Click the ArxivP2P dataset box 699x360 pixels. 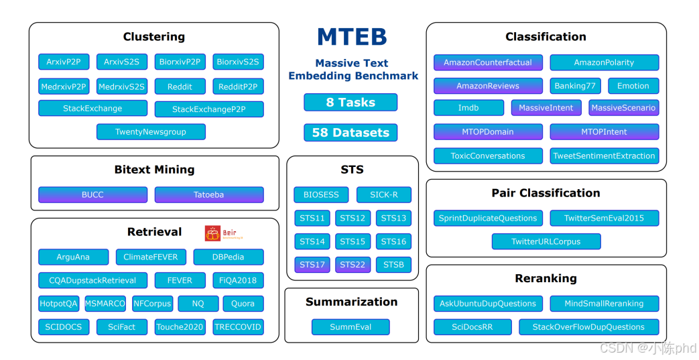[x=64, y=62]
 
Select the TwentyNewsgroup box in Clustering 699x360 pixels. [x=151, y=132]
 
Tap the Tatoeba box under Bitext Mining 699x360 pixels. [x=208, y=195]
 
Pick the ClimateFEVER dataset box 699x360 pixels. [x=151, y=257]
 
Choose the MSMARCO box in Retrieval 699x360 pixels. [x=105, y=304]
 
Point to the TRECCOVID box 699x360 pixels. [x=238, y=327]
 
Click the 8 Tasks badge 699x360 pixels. [x=351, y=103]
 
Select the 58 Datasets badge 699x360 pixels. [x=351, y=133]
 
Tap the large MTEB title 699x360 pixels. [x=352, y=37]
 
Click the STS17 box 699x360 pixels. [x=312, y=265]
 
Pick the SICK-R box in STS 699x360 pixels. [x=384, y=195]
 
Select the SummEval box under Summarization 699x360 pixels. [x=351, y=327]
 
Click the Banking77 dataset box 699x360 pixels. [x=575, y=86]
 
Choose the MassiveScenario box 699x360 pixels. [x=623, y=108]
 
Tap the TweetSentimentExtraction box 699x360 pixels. [x=604, y=156]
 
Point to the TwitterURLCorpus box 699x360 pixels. [x=546, y=241]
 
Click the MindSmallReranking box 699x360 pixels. [x=604, y=304]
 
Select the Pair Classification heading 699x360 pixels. [x=546, y=193]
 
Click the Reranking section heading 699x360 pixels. [x=546, y=278]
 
